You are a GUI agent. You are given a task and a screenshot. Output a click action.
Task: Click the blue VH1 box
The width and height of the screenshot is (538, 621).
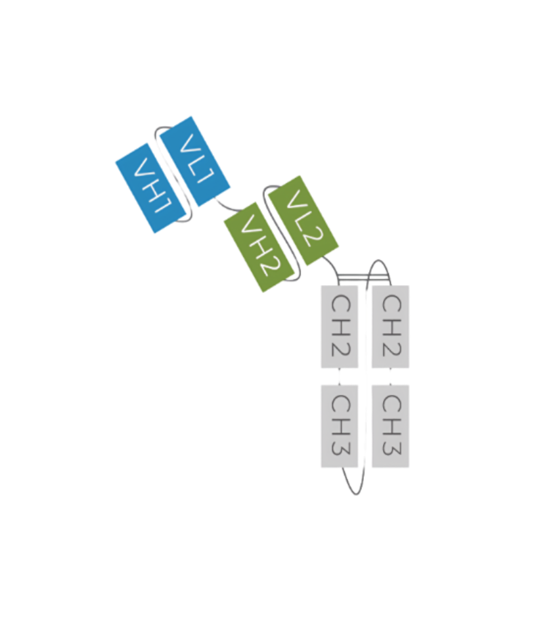coord(150,188)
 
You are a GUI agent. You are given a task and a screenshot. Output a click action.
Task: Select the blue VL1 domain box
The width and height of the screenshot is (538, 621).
coord(195,161)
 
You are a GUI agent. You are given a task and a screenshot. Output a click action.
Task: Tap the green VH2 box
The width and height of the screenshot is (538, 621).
coord(259,247)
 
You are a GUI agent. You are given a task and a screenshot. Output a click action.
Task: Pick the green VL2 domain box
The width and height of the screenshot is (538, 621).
coord(303,220)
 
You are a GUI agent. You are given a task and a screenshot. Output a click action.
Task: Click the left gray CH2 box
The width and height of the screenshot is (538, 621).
coord(339,327)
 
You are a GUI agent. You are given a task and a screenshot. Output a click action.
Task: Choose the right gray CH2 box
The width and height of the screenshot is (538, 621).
coord(390,327)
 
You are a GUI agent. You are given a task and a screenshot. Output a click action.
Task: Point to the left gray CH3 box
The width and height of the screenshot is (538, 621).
coord(339,426)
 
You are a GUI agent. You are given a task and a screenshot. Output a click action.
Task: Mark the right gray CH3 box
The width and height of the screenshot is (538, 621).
coord(390,426)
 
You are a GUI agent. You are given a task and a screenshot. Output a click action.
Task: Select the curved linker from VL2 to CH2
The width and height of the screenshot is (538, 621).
coord(334,266)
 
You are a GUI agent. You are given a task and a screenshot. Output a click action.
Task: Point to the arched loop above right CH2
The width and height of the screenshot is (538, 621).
coord(378,260)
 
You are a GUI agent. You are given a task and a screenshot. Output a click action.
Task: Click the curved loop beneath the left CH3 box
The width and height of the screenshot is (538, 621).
coord(355,494)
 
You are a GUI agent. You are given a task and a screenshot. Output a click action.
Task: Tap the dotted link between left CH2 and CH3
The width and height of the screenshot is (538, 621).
coord(339,377)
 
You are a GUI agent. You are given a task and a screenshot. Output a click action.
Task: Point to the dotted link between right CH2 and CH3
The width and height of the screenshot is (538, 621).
coord(390,377)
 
